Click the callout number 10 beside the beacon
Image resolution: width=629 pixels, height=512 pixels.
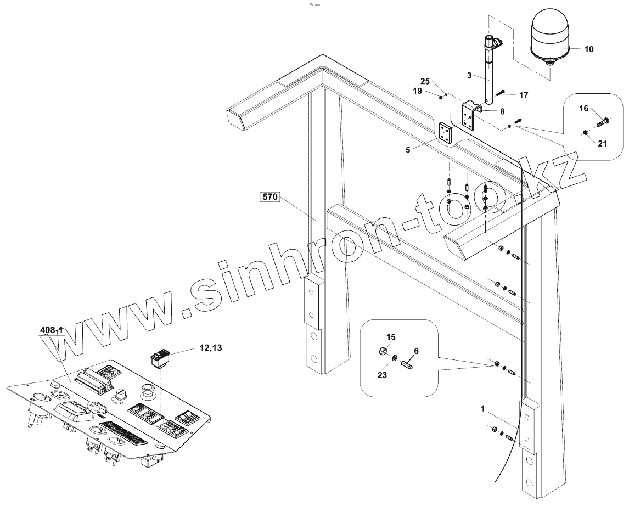tap(588, 49)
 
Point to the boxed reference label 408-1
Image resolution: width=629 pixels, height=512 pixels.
tap(51, 330)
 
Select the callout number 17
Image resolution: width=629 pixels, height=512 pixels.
tap(523, 95)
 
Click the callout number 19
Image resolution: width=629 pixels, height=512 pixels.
tap(418, 92)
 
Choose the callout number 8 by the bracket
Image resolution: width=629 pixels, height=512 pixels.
tap(502, 111)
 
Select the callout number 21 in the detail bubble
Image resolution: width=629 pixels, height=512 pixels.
tap(602, 144)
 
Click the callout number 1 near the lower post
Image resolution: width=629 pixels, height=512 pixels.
tap(482, 408)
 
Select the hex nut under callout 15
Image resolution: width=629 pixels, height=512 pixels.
tap(385, 351)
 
